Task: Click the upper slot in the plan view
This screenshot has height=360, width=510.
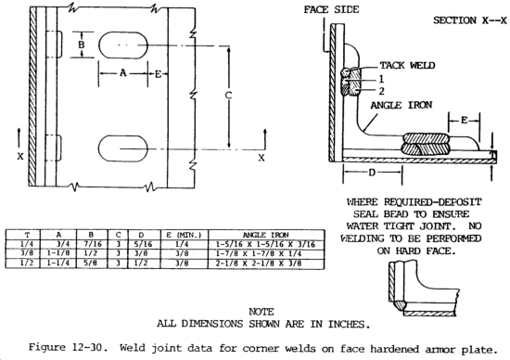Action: pos(123,45)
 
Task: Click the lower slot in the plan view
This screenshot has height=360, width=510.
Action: pos(123,148)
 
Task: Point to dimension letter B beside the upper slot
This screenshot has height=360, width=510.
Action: pos(82,45)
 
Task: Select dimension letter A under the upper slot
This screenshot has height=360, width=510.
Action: pos(122,73)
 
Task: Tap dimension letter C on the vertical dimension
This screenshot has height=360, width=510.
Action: pos(228,96)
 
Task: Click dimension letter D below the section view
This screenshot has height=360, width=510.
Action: pos(372,173)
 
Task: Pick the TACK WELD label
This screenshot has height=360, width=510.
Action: pos(407,66)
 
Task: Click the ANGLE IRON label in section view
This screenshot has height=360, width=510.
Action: pos(402,105)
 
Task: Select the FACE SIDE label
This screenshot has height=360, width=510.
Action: pos(331,9)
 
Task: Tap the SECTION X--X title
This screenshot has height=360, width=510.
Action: pos(470,20)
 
